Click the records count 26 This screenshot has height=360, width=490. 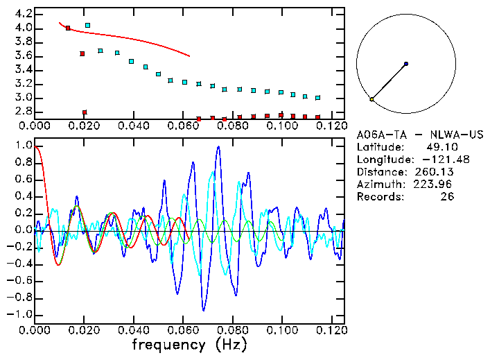tap(448, 197)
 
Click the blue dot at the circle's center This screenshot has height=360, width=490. tap(406, 64)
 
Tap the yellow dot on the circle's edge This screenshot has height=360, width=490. tap(372, 100)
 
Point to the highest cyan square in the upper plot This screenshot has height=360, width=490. tap(87, 26)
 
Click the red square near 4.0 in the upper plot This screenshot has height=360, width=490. tap(68, 28)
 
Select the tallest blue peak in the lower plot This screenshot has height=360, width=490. tap(218, 147)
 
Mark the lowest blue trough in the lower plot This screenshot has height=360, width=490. tap(204, 309)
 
